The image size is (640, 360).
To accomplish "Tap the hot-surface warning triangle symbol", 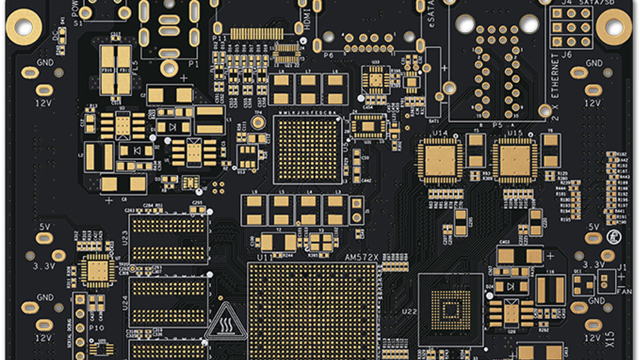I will click(x=226, y=321).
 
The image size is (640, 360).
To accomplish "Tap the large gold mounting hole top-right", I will click(x=614, y=27).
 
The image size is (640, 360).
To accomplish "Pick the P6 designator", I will click(x=329, y=55).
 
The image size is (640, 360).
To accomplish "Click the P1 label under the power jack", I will click(x=193, y=64).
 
